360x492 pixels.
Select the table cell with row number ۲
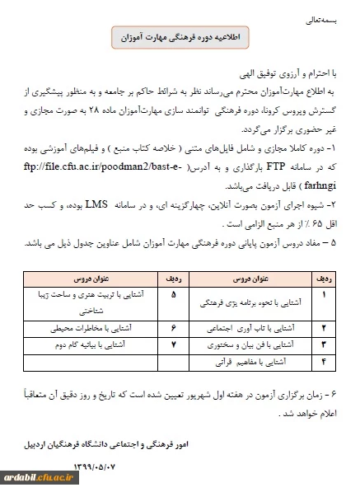pyautogui.click(x=322, y=328)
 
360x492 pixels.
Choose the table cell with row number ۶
pyautogui.click(x=171, y=328)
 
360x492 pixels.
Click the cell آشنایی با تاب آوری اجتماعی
pyautogui.click(x=246, y=328)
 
